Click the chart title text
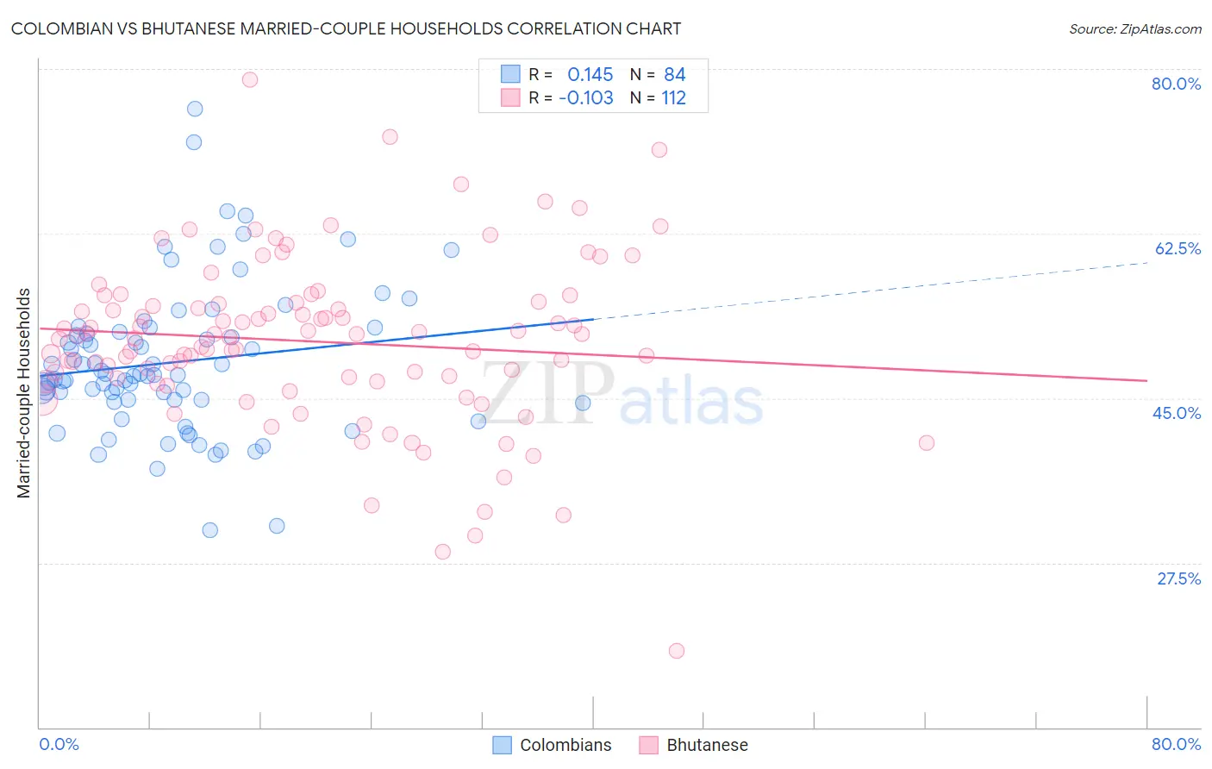point(346,28)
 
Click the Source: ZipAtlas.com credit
point(1134,28)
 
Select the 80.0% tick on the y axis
point(1176,84)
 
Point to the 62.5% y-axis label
point(1178,248)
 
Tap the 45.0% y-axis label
point(1177,413)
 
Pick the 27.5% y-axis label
point(1178,578)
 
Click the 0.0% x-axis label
point(59,744)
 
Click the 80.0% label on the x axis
point(1176,744)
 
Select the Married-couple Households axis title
point(24,393)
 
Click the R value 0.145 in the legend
point(590,75)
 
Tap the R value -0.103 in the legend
point(586,98)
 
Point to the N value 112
point(673,98)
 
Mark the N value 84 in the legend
point(674,75)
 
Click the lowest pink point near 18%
point(677,651)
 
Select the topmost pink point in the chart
point(250,79)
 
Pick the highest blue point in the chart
point(195,109)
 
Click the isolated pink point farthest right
point(927,443)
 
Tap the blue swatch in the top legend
point(510,74)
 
